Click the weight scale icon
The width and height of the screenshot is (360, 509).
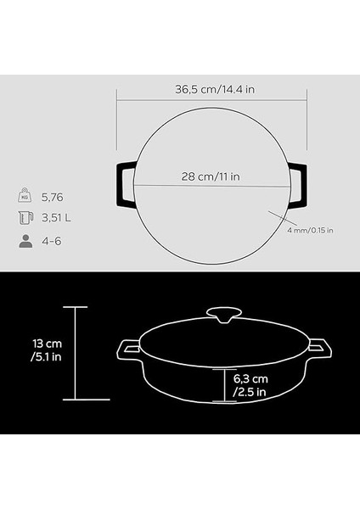25,196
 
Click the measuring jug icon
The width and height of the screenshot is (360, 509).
25,218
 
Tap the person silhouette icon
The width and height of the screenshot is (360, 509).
25,241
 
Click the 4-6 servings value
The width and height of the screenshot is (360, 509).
53,241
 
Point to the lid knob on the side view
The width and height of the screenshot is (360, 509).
226,315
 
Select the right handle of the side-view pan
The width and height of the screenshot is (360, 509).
319,348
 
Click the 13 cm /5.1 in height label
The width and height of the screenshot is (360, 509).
40,352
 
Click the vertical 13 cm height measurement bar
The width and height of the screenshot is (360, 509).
76,352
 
